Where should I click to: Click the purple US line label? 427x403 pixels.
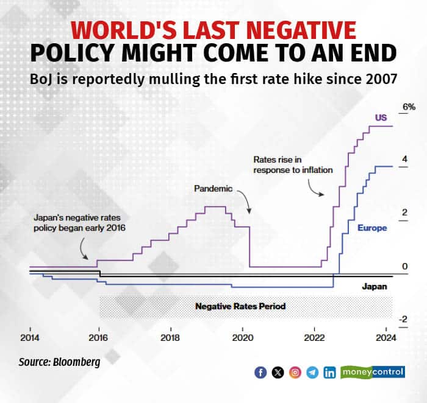381,117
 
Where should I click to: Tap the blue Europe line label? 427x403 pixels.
371,228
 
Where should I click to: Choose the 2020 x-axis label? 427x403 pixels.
242,338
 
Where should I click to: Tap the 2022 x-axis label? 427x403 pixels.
314,338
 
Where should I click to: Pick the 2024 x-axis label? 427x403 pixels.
386,338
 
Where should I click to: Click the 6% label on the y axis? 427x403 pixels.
407,107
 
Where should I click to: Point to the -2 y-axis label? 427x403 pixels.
403,319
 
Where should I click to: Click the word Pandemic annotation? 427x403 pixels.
213,188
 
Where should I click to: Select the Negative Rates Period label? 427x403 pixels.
240,306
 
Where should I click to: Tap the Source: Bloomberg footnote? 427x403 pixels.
59,362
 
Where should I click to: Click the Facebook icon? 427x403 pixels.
260,372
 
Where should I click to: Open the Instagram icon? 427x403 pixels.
295,372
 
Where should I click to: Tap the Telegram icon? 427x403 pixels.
312,372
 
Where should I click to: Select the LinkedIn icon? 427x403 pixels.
330,372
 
